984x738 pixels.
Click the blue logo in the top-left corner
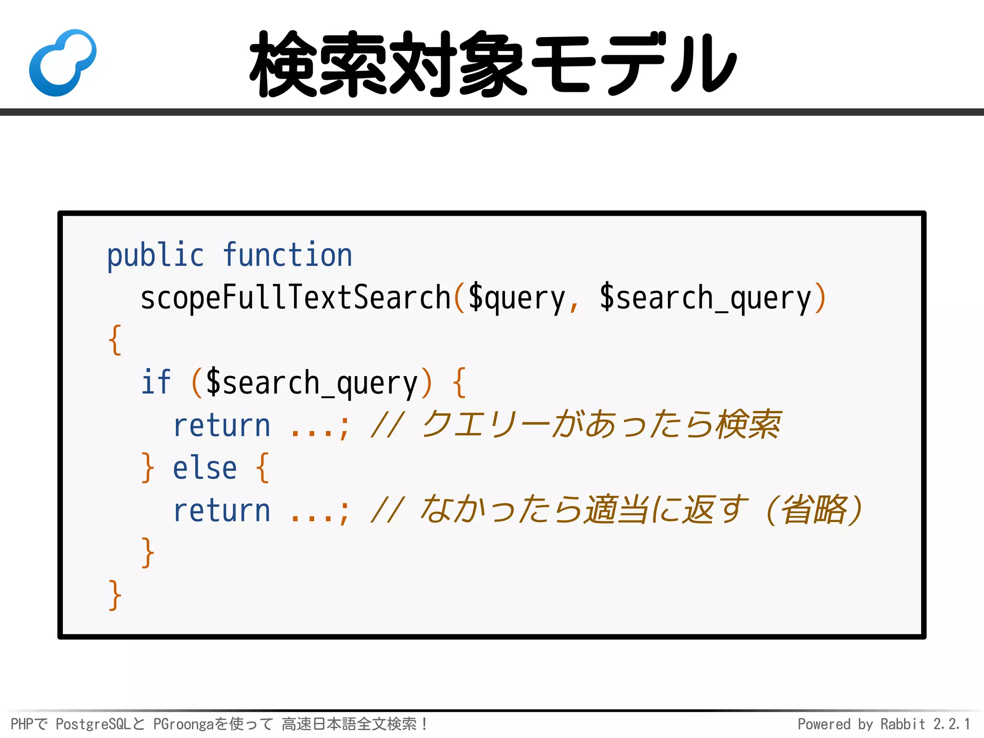point(62,62)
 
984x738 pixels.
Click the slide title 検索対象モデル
point(493,63)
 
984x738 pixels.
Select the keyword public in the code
point(155,255)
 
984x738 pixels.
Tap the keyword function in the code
point(287,255)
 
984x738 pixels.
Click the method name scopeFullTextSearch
point(295,298)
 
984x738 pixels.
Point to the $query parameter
point(517,298)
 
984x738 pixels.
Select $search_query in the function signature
point(705,298)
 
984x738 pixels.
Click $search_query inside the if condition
point(312,383)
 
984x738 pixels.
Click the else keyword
point(205,468)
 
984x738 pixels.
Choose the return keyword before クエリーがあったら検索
point(221,426)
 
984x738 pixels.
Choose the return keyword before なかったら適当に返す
point(221,511)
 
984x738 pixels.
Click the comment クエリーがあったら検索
point(601,425)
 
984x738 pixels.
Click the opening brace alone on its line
point(115,340)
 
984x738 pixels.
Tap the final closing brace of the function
point(114,595)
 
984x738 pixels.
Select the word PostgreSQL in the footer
point(93,724)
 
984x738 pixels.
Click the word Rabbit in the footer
point(902,724)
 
